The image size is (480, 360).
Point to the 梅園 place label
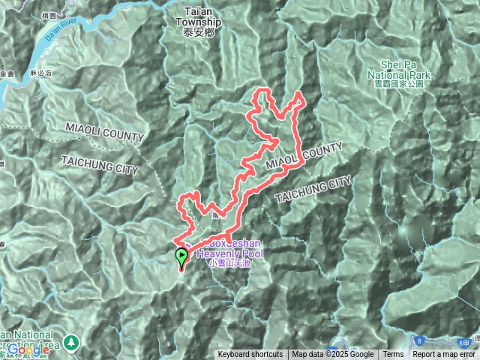(x=73, y=15)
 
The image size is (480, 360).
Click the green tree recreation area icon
(x=72, y=341)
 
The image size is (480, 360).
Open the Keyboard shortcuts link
(x=250, y=355)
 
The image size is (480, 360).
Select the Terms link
(x=393, y=355)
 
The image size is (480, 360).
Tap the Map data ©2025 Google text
(x=333, y=355)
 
